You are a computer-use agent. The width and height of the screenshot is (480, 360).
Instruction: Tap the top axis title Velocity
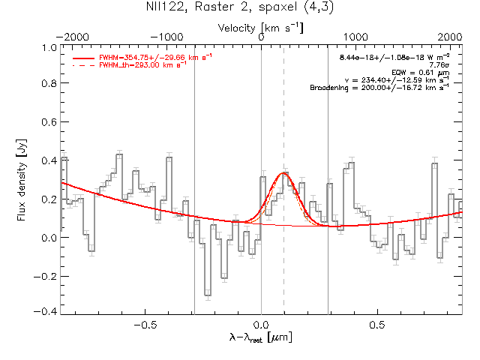click(x=236, y=28)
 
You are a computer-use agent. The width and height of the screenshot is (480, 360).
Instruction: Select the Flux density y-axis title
click(x=22, y=180)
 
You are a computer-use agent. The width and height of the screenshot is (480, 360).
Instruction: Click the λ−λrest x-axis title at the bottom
click(x=261, y=337)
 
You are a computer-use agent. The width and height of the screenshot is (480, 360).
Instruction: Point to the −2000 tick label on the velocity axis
click(x=72, y=37)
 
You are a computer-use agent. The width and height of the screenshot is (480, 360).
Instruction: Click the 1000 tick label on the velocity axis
click(x=355, y=37)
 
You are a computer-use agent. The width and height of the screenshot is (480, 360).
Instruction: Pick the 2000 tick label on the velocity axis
click(x=450, y=37)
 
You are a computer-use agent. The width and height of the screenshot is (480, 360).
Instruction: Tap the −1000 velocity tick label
click(x=166, y=37)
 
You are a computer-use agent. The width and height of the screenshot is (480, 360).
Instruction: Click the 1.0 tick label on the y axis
click(x=49, y=48)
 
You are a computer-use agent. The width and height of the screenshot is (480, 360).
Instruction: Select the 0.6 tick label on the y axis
click(x=49, y=121)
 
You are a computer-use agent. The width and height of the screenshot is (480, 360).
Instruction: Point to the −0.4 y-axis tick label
click(x=45, y=311)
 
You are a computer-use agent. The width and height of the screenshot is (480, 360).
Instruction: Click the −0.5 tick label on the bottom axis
click(x=145, y=325)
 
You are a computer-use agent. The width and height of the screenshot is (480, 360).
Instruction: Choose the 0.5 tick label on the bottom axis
click(x=377, y=325)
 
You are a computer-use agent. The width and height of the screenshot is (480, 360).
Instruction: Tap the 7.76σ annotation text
click(x=439, y=65)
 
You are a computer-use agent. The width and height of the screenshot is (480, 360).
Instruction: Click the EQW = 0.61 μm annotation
click(x=420, y=73)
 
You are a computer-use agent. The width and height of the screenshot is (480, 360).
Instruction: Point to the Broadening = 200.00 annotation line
click(x=379, y=88)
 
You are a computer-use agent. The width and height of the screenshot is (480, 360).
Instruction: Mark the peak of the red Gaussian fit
click(x=283, y=173)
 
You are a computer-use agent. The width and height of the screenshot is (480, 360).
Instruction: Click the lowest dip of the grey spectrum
click(x=208, y=295)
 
